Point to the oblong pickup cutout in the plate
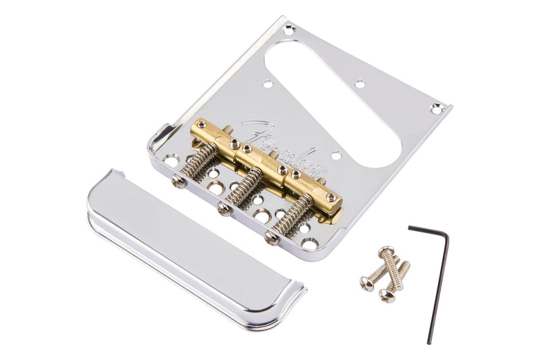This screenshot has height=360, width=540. [x=333, y=105]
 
